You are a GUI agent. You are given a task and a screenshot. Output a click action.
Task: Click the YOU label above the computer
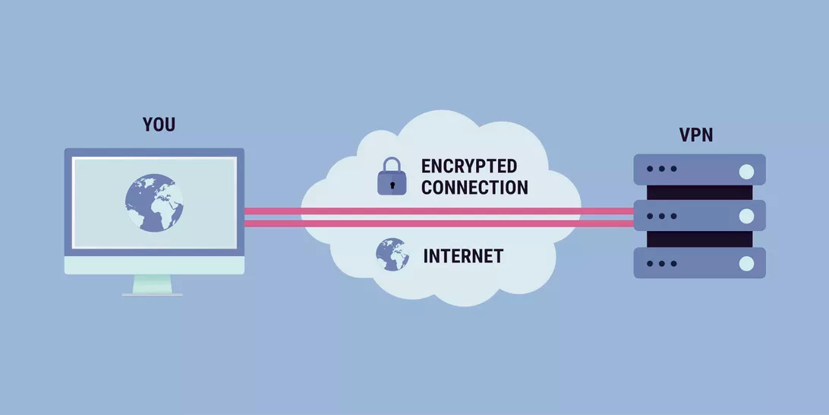(x=159, y=125)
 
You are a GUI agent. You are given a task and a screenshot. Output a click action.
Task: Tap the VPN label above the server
(x=696, y=135)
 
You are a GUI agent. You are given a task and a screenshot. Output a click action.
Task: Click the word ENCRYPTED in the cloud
(x=469, y=166)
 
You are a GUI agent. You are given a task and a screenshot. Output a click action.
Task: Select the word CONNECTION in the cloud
(x=474, y=187)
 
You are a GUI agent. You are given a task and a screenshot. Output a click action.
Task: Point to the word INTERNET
(x=463, y=256)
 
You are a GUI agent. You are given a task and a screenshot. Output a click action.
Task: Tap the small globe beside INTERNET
(x=392, y=255)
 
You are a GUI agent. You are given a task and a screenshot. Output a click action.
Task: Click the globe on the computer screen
(x=155, y=201)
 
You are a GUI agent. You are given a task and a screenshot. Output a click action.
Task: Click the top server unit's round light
(x=748, y=169)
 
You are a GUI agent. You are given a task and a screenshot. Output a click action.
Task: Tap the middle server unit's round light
(x=748, y=216)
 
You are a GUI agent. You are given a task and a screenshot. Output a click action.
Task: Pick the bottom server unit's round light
(x=748, y=263)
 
